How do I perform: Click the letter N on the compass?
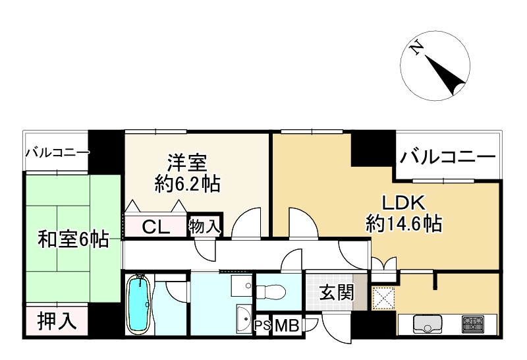coord(417,48)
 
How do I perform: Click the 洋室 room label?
coord(187,163)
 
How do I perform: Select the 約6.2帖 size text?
coord(187,184)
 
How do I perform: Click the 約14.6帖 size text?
coord(404,224)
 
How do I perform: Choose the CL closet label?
coord(155,227)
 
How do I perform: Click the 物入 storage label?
coord(204,226)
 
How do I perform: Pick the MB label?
coord(287,325)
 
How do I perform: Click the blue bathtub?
coord(138,305)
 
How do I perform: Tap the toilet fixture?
coord(271,291)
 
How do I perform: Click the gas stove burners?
coord(472,324)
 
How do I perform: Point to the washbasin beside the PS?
coord(244,319)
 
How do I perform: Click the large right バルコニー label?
coord(448,157)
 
